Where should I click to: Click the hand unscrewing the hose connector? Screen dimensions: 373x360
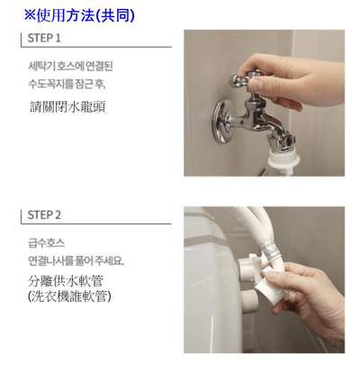coord(306,297)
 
